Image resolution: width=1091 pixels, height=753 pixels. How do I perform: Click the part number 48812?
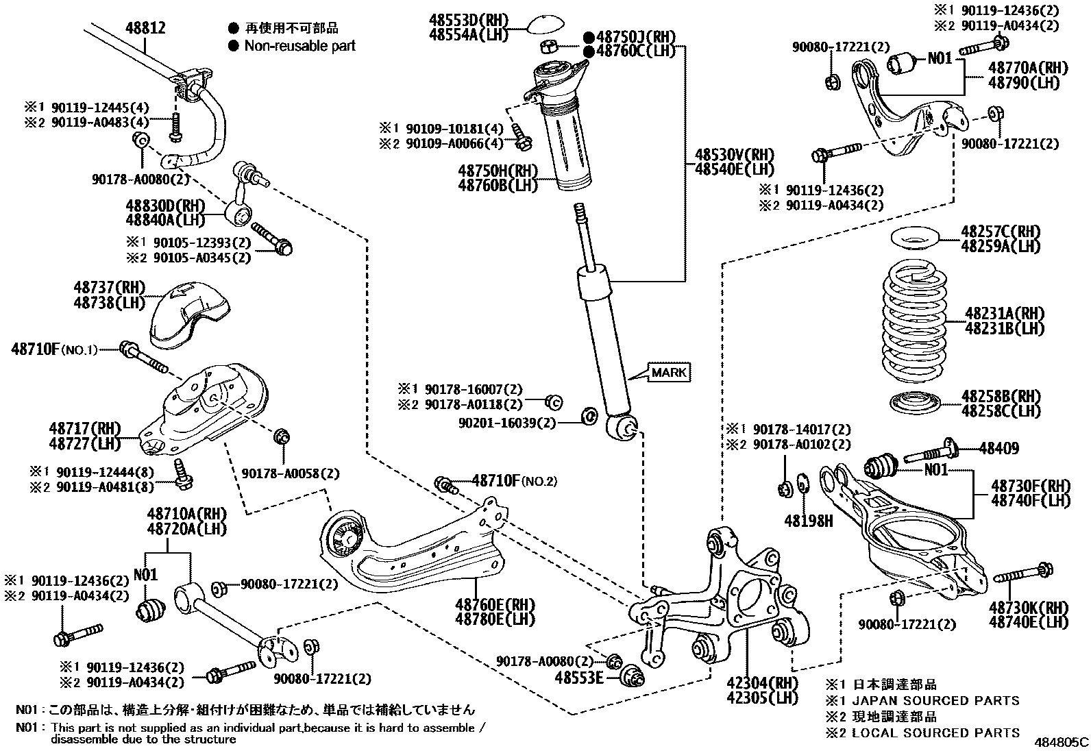tap(145, 28)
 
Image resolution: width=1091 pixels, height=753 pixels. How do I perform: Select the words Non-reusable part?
tap(299, 46)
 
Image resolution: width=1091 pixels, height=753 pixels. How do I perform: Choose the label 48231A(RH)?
tap(1004, 314)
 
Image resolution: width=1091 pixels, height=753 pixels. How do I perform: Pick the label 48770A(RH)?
tap(1028, 68)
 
